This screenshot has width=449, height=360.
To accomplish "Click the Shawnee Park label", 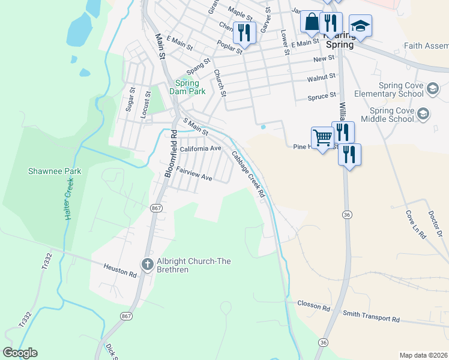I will (x=55, y=171).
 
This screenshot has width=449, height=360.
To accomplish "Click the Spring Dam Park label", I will (x=190, y=87).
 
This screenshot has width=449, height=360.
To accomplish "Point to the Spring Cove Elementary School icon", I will (x=432, y=90).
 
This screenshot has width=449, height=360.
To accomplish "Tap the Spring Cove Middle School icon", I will (x=423, y=114).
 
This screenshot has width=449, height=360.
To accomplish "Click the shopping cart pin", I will (x=322, y=138).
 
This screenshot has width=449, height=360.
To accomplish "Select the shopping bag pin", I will (x=312, y=22).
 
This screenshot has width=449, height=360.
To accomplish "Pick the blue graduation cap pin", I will (x=360, y=26).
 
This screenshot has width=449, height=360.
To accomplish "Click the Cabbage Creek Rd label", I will (x=249, y=174).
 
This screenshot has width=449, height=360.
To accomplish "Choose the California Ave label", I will (x=200, y=148).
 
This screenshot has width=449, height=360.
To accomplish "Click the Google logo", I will (x=20, y=353).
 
